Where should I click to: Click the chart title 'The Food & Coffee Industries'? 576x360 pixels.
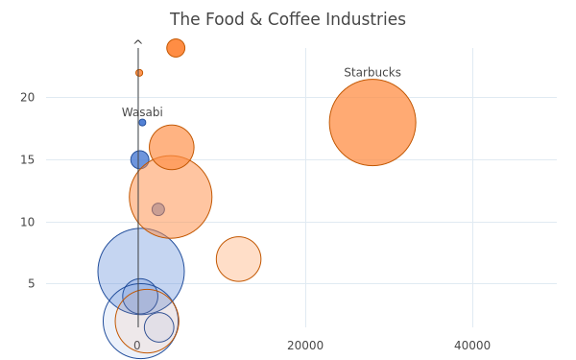288,19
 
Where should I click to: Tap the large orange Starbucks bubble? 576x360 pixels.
372,122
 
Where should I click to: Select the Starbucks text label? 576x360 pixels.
372,72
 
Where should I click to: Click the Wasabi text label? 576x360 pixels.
142,112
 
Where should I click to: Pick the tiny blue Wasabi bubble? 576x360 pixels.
142,122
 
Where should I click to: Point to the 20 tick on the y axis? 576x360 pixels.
28,97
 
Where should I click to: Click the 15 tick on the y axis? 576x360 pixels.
28,159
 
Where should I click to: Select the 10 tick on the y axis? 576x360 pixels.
28,222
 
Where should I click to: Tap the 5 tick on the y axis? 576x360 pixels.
32,283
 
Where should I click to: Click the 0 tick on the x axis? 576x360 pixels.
137,346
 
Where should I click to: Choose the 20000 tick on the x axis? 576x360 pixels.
305,346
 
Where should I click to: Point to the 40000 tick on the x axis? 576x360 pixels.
472,346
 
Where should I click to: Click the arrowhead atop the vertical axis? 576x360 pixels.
138,42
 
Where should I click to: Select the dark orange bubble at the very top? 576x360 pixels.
176,48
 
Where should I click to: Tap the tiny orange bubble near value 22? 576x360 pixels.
139,73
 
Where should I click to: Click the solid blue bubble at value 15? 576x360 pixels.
139,159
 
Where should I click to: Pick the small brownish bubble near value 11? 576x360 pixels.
158,209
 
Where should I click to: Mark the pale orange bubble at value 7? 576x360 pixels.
239,259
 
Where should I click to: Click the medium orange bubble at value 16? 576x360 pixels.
172,147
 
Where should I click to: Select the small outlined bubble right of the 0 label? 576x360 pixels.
159,327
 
